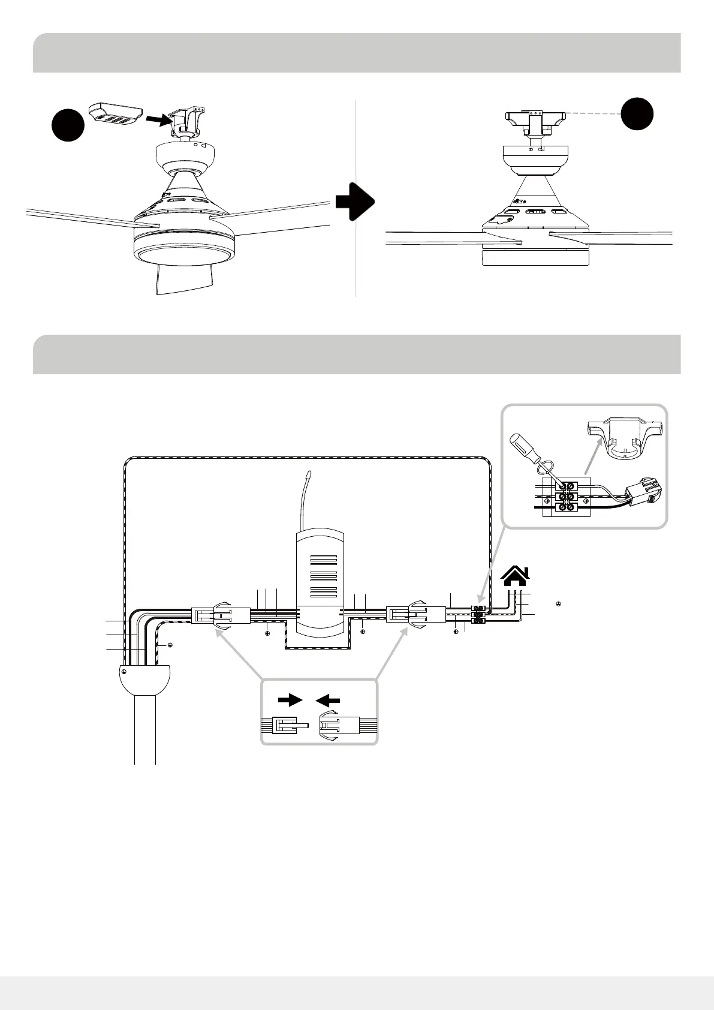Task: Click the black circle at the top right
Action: tap(637, 113)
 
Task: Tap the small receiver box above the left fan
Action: tap(115, 114)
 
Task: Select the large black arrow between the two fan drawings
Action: tap(354, 203)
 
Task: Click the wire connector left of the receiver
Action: tap(220, 616)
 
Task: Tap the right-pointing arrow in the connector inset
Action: tap(291, 699)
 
